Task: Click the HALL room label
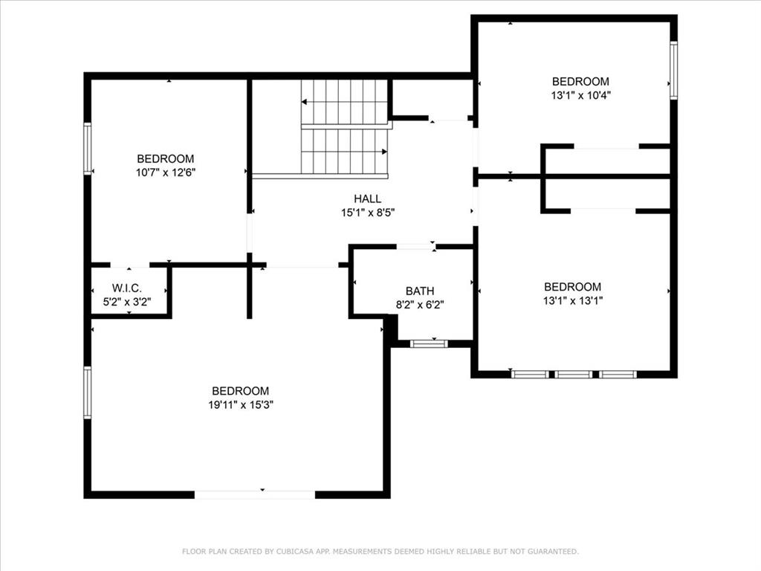tap(367, 199)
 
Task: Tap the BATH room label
tap(420, 291)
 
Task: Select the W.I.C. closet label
tap(127, 288)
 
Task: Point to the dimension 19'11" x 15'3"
tap(242, 405)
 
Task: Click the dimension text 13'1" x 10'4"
tap(580, 95)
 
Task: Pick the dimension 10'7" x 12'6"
tap(166, 172)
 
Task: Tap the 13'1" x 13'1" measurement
tap(573, 300)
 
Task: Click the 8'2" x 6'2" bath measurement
tap(420, 305)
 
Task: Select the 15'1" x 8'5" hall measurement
tap(367, 212)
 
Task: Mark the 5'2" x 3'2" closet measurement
tap(127, 302)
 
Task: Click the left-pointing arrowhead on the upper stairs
tap(304, 102)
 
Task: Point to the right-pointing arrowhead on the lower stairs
tap(384, 152)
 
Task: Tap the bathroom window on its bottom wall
tap(429, 343)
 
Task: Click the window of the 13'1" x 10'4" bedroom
tap(673, 71)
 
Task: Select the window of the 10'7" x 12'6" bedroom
tap(88, 149)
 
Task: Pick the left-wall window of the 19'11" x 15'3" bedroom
tap(88, 393)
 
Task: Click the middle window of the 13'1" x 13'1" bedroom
tap(574, 375)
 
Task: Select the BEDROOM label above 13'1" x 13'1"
tap(573, 287)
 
